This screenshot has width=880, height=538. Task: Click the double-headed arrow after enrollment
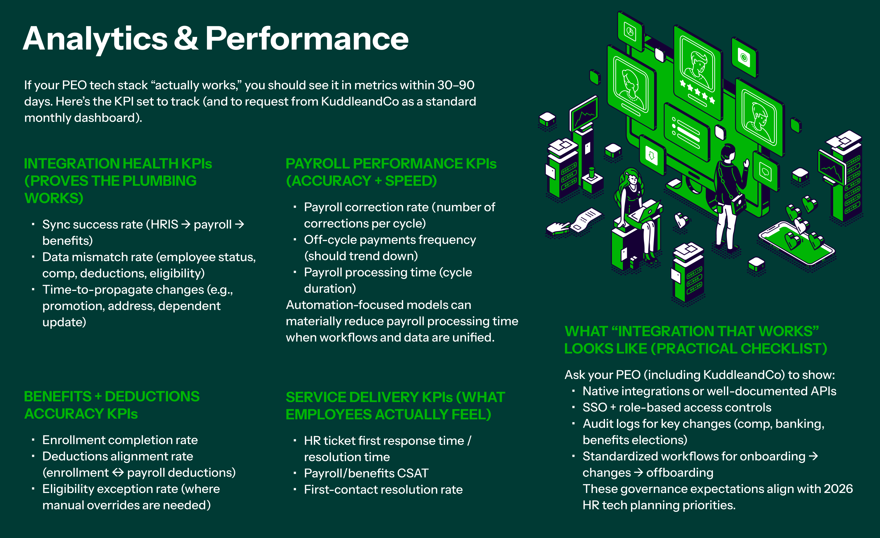coord(118,473)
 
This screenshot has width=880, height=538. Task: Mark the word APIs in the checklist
coord(823,391)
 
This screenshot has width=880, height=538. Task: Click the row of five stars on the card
coord(697,92)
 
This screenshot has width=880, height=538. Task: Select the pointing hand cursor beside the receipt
coord(558,228)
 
